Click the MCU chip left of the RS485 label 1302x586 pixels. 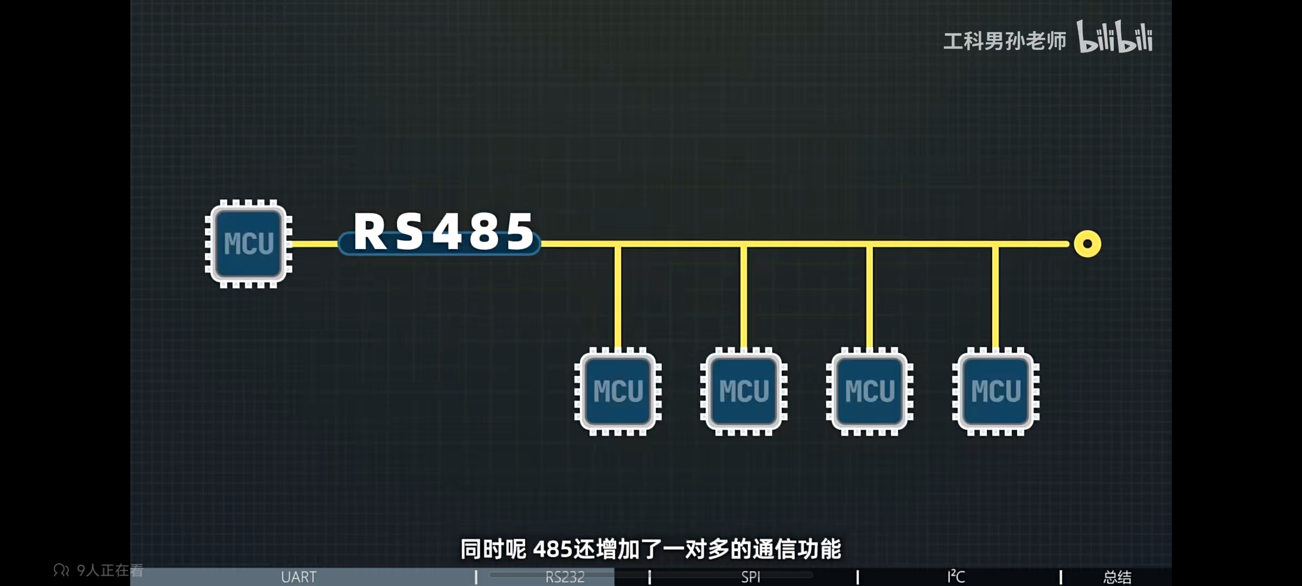click(x=248, y=244)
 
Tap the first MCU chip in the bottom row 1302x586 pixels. click(x=618, y=391)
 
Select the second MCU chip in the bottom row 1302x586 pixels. click(x=744, y=391)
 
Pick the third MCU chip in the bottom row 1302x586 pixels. click(x=870, y=391)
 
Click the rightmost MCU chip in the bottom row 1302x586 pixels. click(x=995, y=391)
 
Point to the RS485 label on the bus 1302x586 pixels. click(x=443, y=232)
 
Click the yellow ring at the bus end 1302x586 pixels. click(x=1087, y=244)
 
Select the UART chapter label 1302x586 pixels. click(x=298, y=577)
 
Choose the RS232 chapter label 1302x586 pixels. click(x=565, y=577)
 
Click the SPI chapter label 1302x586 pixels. click(x=751, y=577)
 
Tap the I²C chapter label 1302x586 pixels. click(x=956, y=576)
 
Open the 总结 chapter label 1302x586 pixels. click(x=1117, y=577)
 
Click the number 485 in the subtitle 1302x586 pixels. click(x=553, y=550)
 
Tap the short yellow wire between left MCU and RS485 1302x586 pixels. click(x=315, y=244)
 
